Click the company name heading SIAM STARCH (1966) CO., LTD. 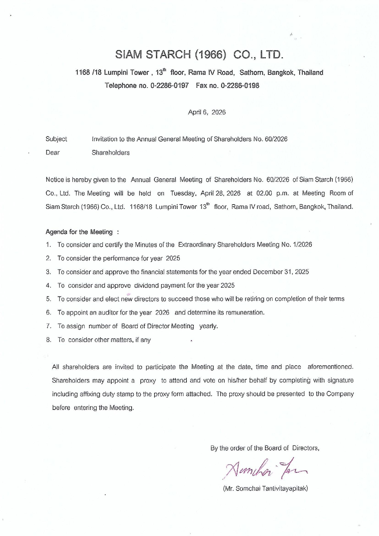pos(200,55)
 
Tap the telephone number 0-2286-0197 pos(169,86)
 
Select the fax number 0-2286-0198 pos(240,86)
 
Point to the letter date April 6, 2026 pos(207,112)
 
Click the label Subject pos(56,139)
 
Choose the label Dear pos(52,153)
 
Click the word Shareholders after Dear pos(110,153)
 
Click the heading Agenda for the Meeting pos(79,232)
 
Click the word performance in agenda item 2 pos(121,258)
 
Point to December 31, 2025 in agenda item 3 pos(281,272)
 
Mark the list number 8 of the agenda pos(49,340)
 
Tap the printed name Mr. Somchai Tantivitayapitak pos(265,488)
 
